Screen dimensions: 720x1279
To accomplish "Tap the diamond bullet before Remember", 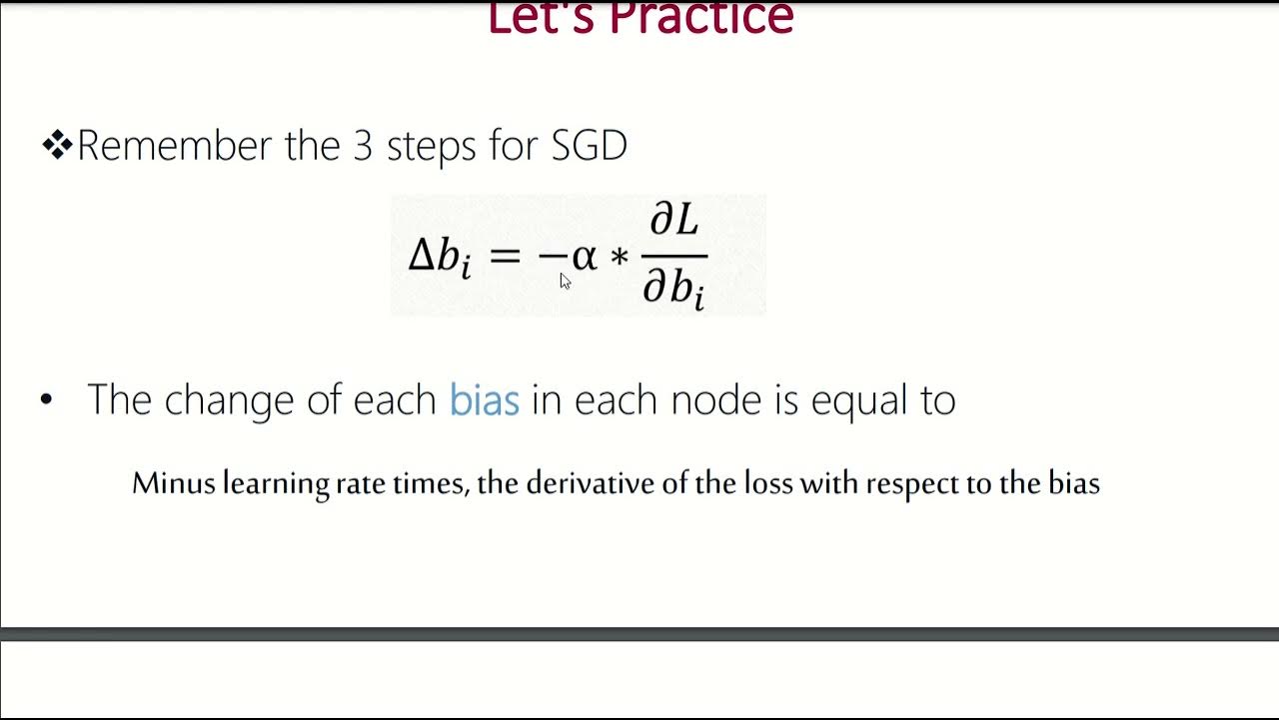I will point(57,146).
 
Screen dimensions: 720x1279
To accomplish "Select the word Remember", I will point(176,146).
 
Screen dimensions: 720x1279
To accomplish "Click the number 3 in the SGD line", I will point(362,146).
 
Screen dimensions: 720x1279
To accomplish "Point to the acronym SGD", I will point(589,146).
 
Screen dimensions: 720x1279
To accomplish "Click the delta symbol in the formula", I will point(421,256).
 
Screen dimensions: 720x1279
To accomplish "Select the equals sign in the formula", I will point(505,256).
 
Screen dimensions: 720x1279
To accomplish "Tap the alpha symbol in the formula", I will point(584,257).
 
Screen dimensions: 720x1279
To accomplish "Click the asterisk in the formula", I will point(620,258).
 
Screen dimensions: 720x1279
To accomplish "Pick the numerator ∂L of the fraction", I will point(674,219).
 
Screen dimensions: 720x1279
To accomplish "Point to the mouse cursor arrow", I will point(565,281).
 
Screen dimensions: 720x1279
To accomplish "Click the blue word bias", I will point(485,400).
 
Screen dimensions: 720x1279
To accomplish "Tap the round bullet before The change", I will point(46,401).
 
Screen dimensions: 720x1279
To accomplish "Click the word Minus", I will point(175,484).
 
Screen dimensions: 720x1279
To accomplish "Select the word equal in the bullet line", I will point(853,401).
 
